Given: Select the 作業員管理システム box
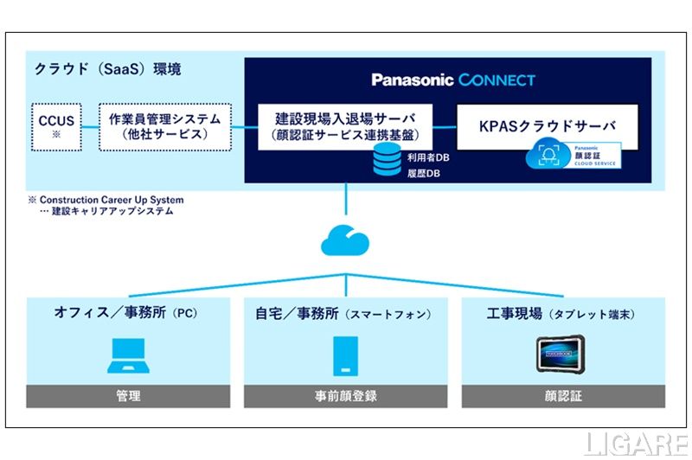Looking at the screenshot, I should (x=165, y=126).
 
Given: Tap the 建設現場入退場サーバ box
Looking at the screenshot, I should (x=345, y=125).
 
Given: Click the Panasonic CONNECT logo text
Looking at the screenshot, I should (x=453, y=80).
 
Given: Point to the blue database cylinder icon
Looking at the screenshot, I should (x=384, y=161).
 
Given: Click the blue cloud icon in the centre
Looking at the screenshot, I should (x=345, y=240).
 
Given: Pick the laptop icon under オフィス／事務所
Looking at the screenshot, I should (x=128, y=355).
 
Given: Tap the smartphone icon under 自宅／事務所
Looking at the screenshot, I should (x=346, y=355).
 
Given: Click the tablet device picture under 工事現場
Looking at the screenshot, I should (x=562, y=355).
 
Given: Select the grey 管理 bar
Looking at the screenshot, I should (x=128, y=396).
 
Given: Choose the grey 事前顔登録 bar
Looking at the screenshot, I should (x=346, y=396).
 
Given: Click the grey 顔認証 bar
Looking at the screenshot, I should (x=563, y=396).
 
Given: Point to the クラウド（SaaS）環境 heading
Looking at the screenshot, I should (x=108, y=67).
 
